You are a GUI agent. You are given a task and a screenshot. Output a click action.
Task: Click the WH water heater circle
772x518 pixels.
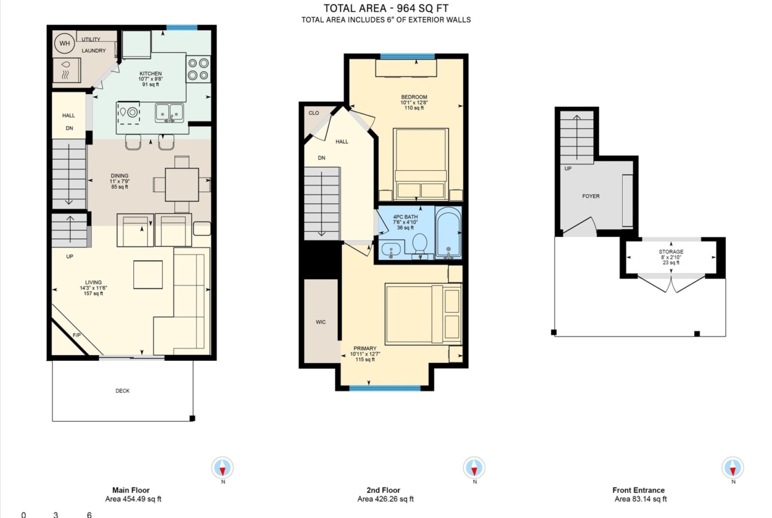click(65, 44)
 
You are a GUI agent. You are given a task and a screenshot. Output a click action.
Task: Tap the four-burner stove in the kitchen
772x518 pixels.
click(198, 69)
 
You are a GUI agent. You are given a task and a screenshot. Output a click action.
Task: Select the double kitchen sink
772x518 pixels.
click(170, 113)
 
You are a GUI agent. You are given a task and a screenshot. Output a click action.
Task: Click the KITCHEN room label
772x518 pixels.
click(150, 73)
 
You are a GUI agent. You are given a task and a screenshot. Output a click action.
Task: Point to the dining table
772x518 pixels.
click(181, 185)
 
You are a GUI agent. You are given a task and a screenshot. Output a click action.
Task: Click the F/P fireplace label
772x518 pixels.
click(77, 335)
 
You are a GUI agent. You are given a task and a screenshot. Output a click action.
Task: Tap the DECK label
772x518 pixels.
click(123, 391)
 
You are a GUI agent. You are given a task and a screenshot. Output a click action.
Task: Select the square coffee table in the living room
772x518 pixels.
click(148, 275)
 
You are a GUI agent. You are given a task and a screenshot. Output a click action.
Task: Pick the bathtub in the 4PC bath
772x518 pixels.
click(449, 233)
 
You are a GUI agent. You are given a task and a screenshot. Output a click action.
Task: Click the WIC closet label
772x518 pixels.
click(321, 322)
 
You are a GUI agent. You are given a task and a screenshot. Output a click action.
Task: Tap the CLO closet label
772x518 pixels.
click(313, 113)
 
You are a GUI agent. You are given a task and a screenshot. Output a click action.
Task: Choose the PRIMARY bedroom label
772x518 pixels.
click(365, 348)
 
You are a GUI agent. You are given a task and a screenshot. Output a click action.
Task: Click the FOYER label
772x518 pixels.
click(591, 196)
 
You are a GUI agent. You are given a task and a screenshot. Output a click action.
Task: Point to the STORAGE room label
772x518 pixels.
click(671, 251)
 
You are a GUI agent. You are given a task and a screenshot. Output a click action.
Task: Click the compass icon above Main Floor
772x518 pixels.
click(222, 467)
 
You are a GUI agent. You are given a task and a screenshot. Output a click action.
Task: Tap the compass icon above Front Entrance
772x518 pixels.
click(732, 467)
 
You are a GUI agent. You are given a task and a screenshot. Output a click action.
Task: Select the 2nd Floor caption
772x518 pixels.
click(383, 490)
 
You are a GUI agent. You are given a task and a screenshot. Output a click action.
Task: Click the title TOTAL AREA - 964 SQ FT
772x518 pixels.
click(386, 8)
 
